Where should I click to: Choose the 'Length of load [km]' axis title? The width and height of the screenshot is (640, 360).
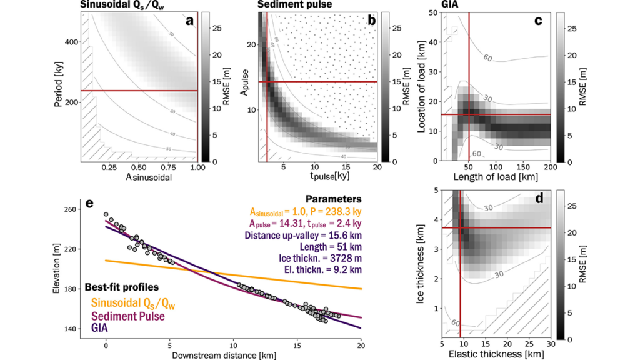496,179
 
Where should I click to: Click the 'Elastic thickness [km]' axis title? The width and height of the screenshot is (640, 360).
496,354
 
